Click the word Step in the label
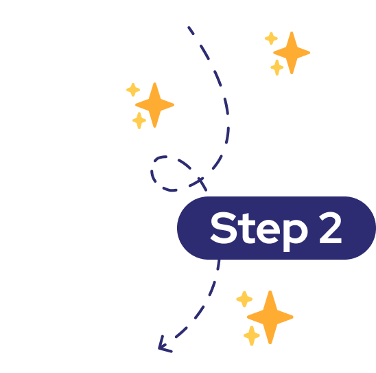259,231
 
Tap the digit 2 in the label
330,227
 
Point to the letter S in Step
224,228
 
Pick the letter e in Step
268,231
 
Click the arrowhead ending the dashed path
164,345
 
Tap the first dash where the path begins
191,30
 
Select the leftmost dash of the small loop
153,176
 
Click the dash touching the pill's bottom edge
218,264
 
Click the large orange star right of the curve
292,53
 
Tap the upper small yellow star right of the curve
271,38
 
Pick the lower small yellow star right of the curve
277,67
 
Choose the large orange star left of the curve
154,105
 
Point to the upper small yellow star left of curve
133,90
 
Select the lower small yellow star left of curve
139,120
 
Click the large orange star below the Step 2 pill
270,317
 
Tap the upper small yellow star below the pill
244,299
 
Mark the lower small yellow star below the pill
252,335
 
